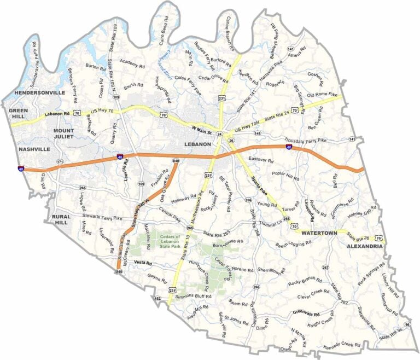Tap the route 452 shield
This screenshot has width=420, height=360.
tap(157, 299)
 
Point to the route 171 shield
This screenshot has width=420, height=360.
tap(60, 162)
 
